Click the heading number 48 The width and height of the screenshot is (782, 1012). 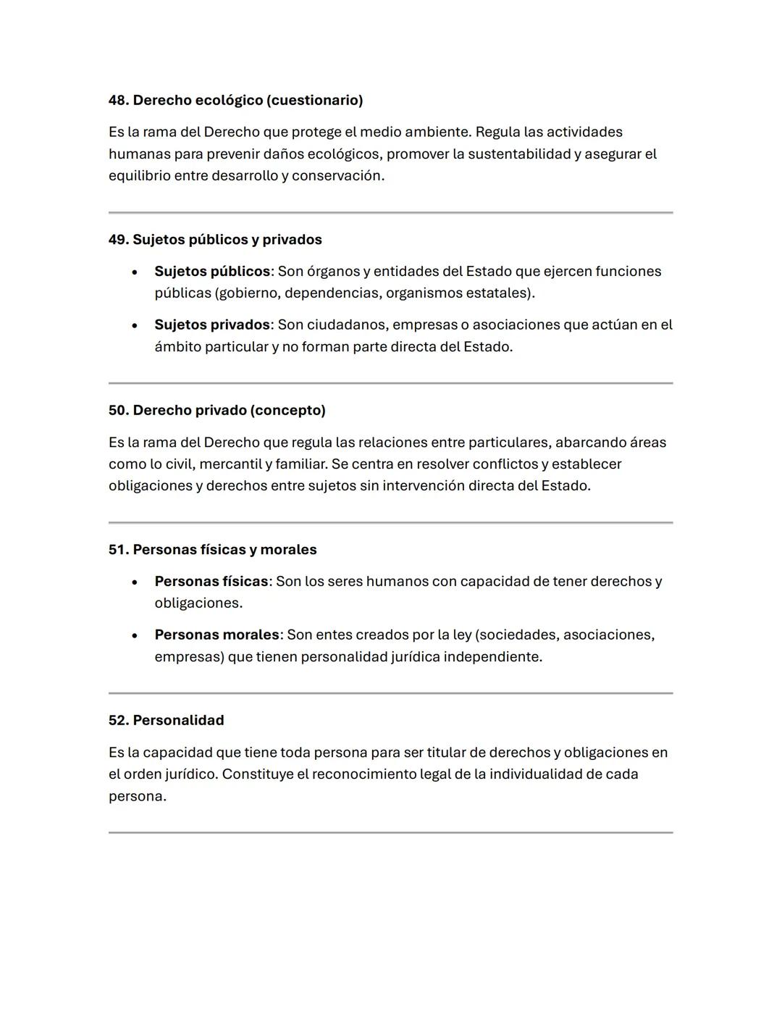pyautogui.click(x=118, y=101)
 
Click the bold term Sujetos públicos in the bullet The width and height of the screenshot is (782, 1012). pyautogui.click(x=212, y=272)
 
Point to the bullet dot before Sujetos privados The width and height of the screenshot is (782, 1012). pyautogui.click(x=135, y=326)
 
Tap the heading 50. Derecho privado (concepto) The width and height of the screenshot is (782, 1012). pyautogui.click(x=216, y=411)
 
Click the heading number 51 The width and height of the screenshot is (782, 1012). pyautogui.click(x=118, y=550)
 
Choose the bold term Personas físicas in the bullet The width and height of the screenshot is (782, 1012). pyautogui.click(x=211, y=582)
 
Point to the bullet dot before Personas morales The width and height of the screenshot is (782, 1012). pyautogui.click(x=135, y=636)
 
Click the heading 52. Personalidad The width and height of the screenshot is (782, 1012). pyautogui.click(x=166, y=721)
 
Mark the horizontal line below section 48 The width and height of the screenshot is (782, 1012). pyautogui.click(x=390, y=213)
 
